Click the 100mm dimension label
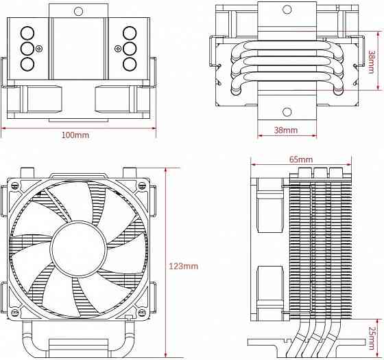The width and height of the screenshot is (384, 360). pyautogui.click(x=75, y=135)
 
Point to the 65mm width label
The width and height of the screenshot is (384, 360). pyautogui.click(x=300, y=159)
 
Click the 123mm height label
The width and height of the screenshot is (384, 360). pyautogui.click(x=184, y=266)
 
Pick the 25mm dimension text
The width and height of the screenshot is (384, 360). pyautogui.click(x=372, y=337)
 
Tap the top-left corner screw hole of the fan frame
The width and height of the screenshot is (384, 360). pyautogui.click(x=16, y=186)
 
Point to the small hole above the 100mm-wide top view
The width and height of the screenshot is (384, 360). pyautogui.click(x=79, y=11)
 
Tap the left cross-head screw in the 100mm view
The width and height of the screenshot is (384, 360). pyautogui.click(x=40, y=49)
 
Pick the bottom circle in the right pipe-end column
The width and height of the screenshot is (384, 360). pyautogui.click(x=130, y=64)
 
